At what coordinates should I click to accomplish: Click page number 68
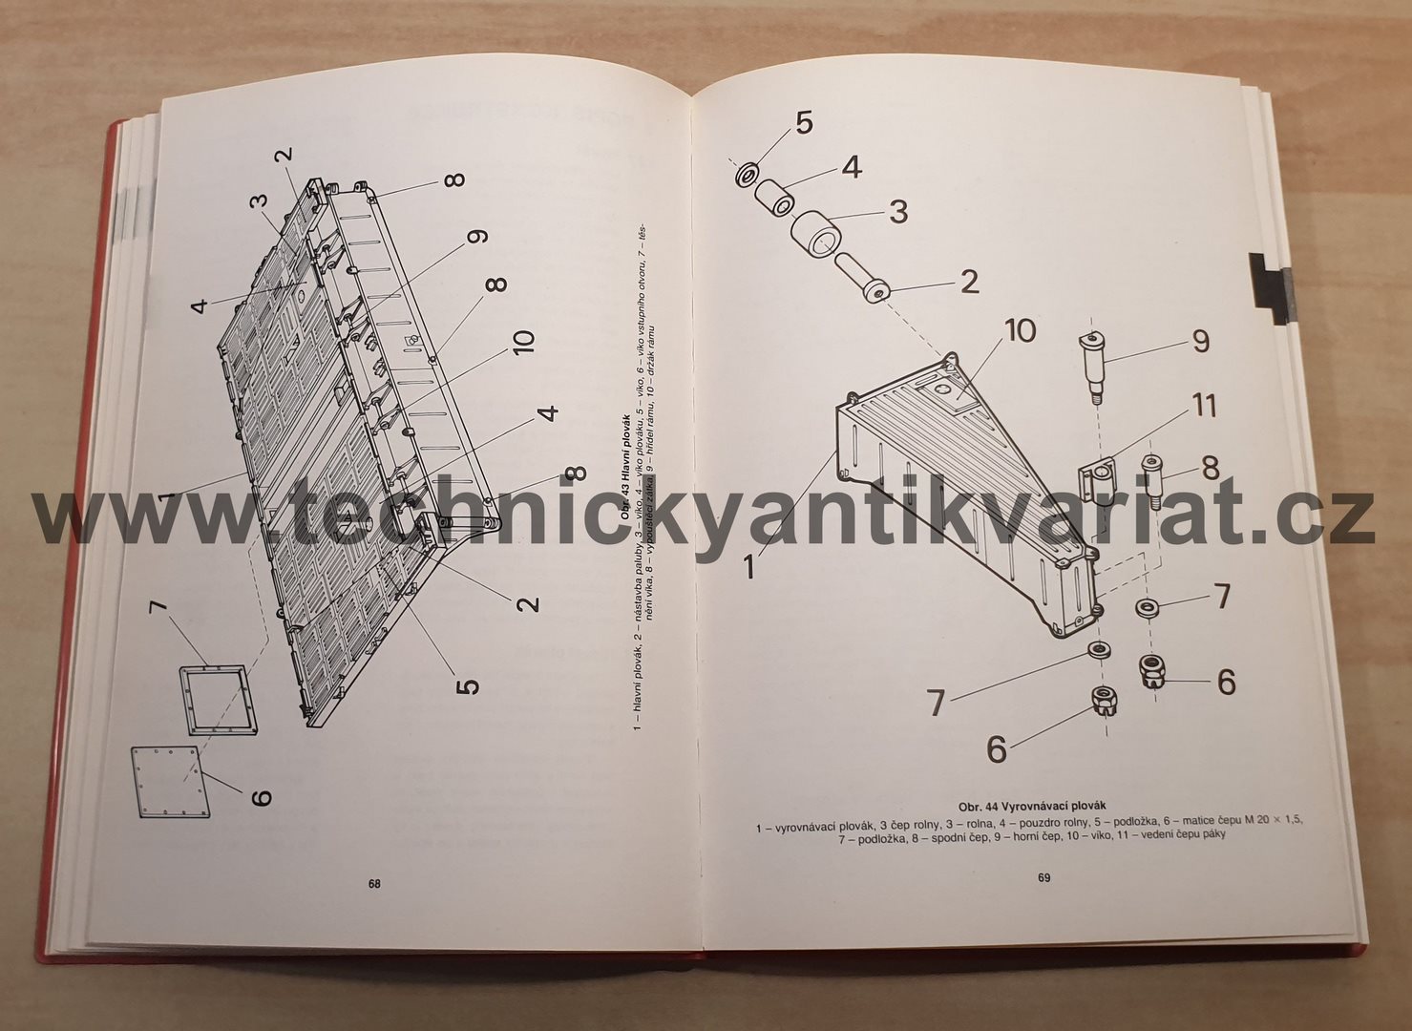point(374,884)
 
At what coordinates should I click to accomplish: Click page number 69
point(1043,877)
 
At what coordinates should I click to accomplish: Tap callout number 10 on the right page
point(1019,330)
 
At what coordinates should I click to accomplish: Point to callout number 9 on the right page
point(1199,341)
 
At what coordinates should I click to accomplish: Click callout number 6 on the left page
point(261,794)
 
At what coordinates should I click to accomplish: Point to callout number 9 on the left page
point(476,236)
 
